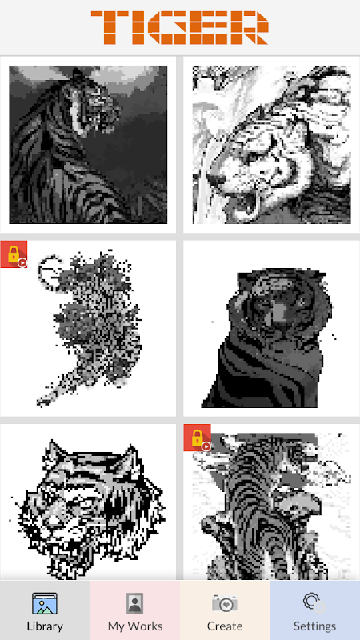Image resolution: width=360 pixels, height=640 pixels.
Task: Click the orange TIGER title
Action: (x=179, y=27)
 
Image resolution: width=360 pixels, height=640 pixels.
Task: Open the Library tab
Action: (x=45, y=610)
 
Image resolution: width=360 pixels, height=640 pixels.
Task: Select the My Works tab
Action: (x=135, y=610)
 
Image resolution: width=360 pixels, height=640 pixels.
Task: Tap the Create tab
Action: (x=225, y=610)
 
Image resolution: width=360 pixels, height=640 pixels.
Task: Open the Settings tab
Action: (x=315, y=610)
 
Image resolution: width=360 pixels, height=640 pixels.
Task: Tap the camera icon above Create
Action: (x=225, y=603)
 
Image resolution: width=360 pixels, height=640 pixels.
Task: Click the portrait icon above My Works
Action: (x=134, y=603)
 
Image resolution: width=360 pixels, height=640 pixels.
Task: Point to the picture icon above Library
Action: (x=45, y=603)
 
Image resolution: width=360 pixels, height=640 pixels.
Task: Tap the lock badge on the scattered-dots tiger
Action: (x=14, y=254)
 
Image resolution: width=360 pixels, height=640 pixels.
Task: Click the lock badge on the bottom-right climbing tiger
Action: (x=197, y=438)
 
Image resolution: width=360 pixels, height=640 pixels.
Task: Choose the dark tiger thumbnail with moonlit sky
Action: (x=88, y=145)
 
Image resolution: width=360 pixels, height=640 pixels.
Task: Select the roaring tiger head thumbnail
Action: (x=271, y=145)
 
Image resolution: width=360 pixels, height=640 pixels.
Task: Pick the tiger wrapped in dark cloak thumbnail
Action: (x=271, y=338)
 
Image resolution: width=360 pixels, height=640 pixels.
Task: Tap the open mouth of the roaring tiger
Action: (x=250, y=204)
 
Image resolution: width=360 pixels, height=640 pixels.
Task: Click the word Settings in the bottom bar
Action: (x=315, y=626)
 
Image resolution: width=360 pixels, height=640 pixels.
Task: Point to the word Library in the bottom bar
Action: (x=45, y=626)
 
